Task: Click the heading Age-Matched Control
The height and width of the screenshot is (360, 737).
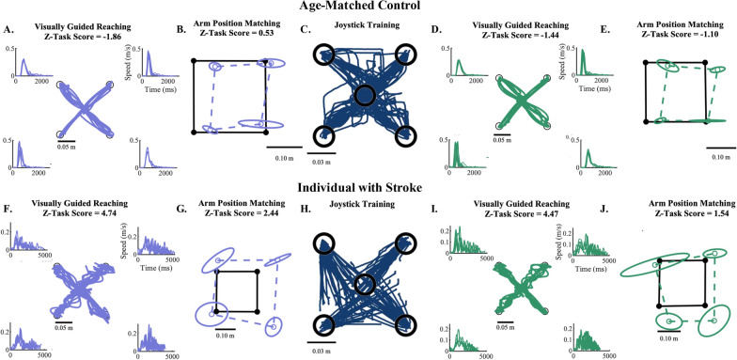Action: pos(368,6)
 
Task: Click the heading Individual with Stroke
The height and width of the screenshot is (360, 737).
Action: pos(368,188)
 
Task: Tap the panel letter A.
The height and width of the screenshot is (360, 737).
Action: pos(8,30)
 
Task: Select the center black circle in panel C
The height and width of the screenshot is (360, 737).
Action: pos(366,96)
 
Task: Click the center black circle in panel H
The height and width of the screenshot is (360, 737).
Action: pos(365,284)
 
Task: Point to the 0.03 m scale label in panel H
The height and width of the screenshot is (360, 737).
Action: pos(321,351)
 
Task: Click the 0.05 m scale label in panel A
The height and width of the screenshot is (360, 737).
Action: pos(67,147)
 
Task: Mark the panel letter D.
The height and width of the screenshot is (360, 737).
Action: pos(436,30)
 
